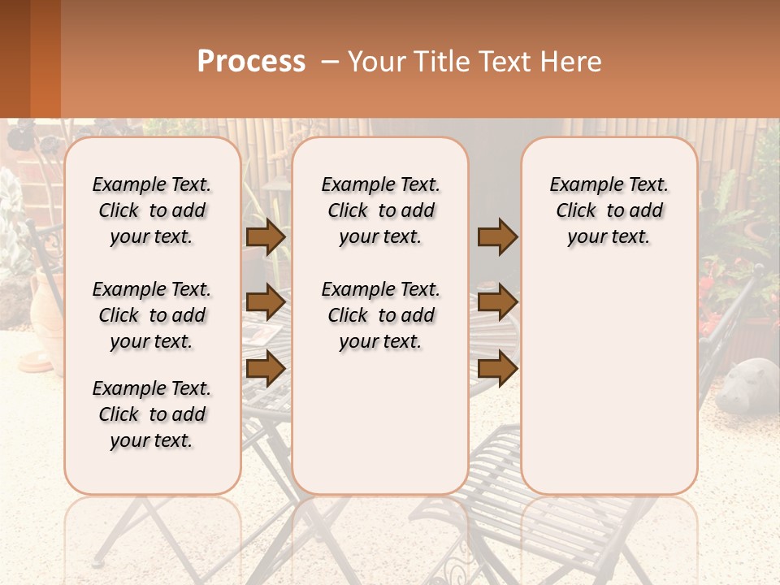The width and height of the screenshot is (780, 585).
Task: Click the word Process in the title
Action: (251, 62)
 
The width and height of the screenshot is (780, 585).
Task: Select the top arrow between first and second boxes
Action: (266, 236)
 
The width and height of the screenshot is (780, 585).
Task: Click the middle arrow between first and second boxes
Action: (266, 302)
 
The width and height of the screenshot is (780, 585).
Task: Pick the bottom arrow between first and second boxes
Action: (266, 369)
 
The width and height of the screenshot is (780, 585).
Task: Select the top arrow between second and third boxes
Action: (497, 236)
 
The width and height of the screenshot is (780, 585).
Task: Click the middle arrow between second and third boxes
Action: (497, 302)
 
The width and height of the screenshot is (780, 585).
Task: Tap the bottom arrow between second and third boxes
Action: (497, 369)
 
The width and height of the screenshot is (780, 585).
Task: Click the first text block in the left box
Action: (152, 210)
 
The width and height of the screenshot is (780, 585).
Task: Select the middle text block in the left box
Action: (152, 315)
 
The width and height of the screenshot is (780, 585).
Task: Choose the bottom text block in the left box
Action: (152, 414)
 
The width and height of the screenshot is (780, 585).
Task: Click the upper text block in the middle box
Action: (380, 210)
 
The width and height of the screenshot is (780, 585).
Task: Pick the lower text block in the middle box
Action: (380, 315)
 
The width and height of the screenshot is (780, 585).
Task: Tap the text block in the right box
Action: (609, 210)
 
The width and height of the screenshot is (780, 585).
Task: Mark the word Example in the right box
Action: (582, 185)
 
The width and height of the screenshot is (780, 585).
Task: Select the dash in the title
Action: (329, 62)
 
